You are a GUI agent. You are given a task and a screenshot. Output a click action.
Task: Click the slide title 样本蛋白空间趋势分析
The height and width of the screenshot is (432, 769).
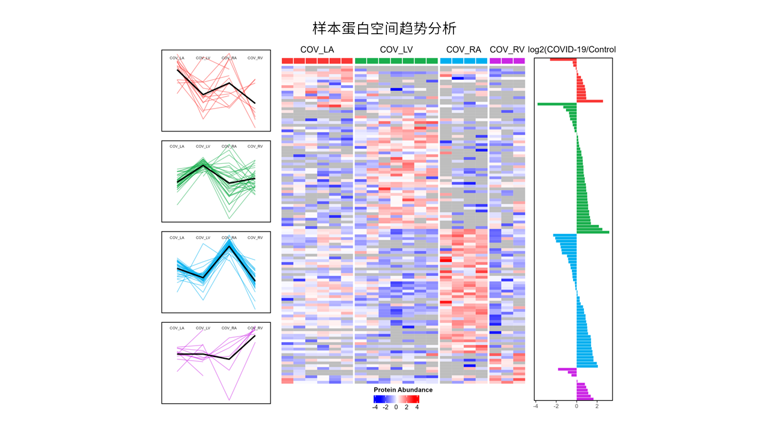click(x=384, y=28)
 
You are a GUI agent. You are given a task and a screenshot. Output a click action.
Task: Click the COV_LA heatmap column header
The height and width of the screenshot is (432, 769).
click(x=317, y=49)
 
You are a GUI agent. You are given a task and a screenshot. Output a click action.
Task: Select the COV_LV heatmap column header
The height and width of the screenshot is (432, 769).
click(x=397, y=49)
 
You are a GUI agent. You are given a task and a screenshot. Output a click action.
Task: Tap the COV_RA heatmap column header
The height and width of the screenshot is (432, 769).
click(x=464, y=49)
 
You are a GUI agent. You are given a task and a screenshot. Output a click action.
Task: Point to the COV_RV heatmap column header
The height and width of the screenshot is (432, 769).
click(x=507, y=49)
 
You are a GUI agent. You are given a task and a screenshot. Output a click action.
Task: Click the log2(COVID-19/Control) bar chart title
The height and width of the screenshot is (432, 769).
click(x=572, y=49)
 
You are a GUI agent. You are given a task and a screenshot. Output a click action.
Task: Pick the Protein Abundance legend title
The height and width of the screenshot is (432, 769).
click(x=403, y=390)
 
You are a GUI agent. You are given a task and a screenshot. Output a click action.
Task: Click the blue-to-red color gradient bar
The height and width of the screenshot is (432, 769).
click(x=396, y=398)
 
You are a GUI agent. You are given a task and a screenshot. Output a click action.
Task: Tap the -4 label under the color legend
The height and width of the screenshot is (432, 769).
click(x=375, y=407)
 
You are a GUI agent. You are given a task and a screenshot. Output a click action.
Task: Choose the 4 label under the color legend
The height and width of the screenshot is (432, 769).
click(x=417, y=407)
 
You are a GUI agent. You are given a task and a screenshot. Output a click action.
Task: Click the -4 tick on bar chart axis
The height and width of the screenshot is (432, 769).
click(x=536, y=406)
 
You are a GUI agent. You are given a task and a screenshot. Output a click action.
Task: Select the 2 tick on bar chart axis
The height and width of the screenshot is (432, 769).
click(x=597, y=406)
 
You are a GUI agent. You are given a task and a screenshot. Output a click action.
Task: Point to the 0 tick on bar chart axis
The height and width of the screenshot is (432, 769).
click(x=577, y=406)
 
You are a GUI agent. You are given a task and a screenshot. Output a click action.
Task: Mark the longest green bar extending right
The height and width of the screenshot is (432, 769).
click(x=593, y=232)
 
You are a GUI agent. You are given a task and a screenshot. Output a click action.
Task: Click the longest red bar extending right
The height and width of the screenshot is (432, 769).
click(x=590, y=101)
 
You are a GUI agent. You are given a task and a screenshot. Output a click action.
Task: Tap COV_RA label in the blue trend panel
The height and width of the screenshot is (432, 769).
click(x=229, y=238)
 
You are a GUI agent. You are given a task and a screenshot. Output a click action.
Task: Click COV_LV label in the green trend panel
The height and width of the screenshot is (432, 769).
click(x=203, y=146)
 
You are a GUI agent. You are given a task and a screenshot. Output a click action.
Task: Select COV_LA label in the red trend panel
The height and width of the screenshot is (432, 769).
click(x=177, y=58)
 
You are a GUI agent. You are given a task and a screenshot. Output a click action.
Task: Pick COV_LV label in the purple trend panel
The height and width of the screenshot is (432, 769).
click(x=203, y=328)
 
